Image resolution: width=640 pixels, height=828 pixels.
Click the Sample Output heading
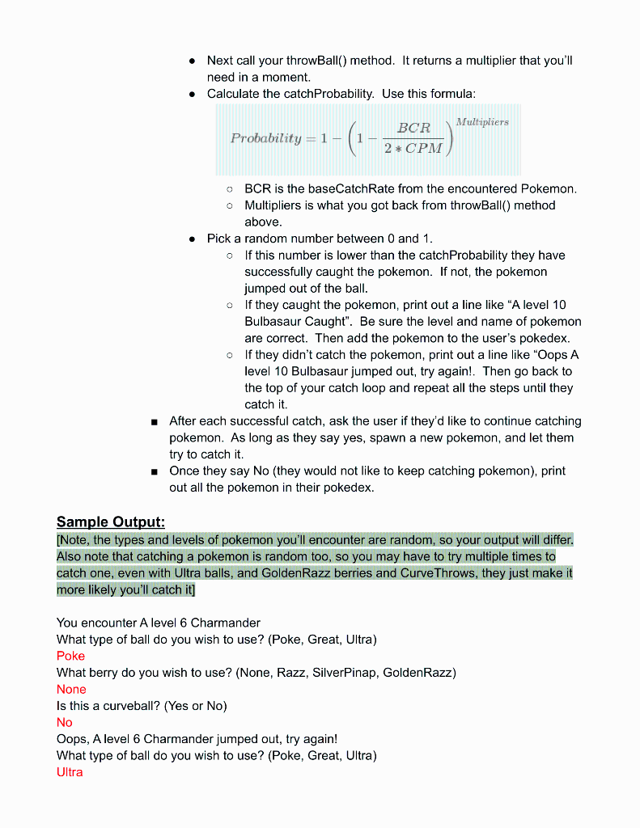pyautogui.click(x=111, y=522)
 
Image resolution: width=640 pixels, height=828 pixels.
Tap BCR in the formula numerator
pyautogui.click(x=413, y=128)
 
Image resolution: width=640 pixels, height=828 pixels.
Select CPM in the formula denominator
pyautogui.click(x=424, y=149)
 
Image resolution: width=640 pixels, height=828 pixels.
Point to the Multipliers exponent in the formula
pyautogui.click(x=482, y=122)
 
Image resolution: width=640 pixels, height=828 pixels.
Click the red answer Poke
pyautogui.click(x=70, y=656)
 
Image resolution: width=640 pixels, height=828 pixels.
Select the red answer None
pyautogui.click(x=71, y=689)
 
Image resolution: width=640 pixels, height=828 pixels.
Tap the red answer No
pyautogui.click(x=65, y=722)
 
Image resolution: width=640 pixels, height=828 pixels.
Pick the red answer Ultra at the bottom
pyautogui.click(x=70, y=772)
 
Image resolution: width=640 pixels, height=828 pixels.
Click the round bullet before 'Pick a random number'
pyautogui.click(x=192, y=239)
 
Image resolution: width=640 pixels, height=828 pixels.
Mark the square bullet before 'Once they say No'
pyautogui.click(x=153, y=471)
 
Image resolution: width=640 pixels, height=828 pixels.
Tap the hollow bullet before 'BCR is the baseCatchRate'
pyautogui.click(x=230, y=189)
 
